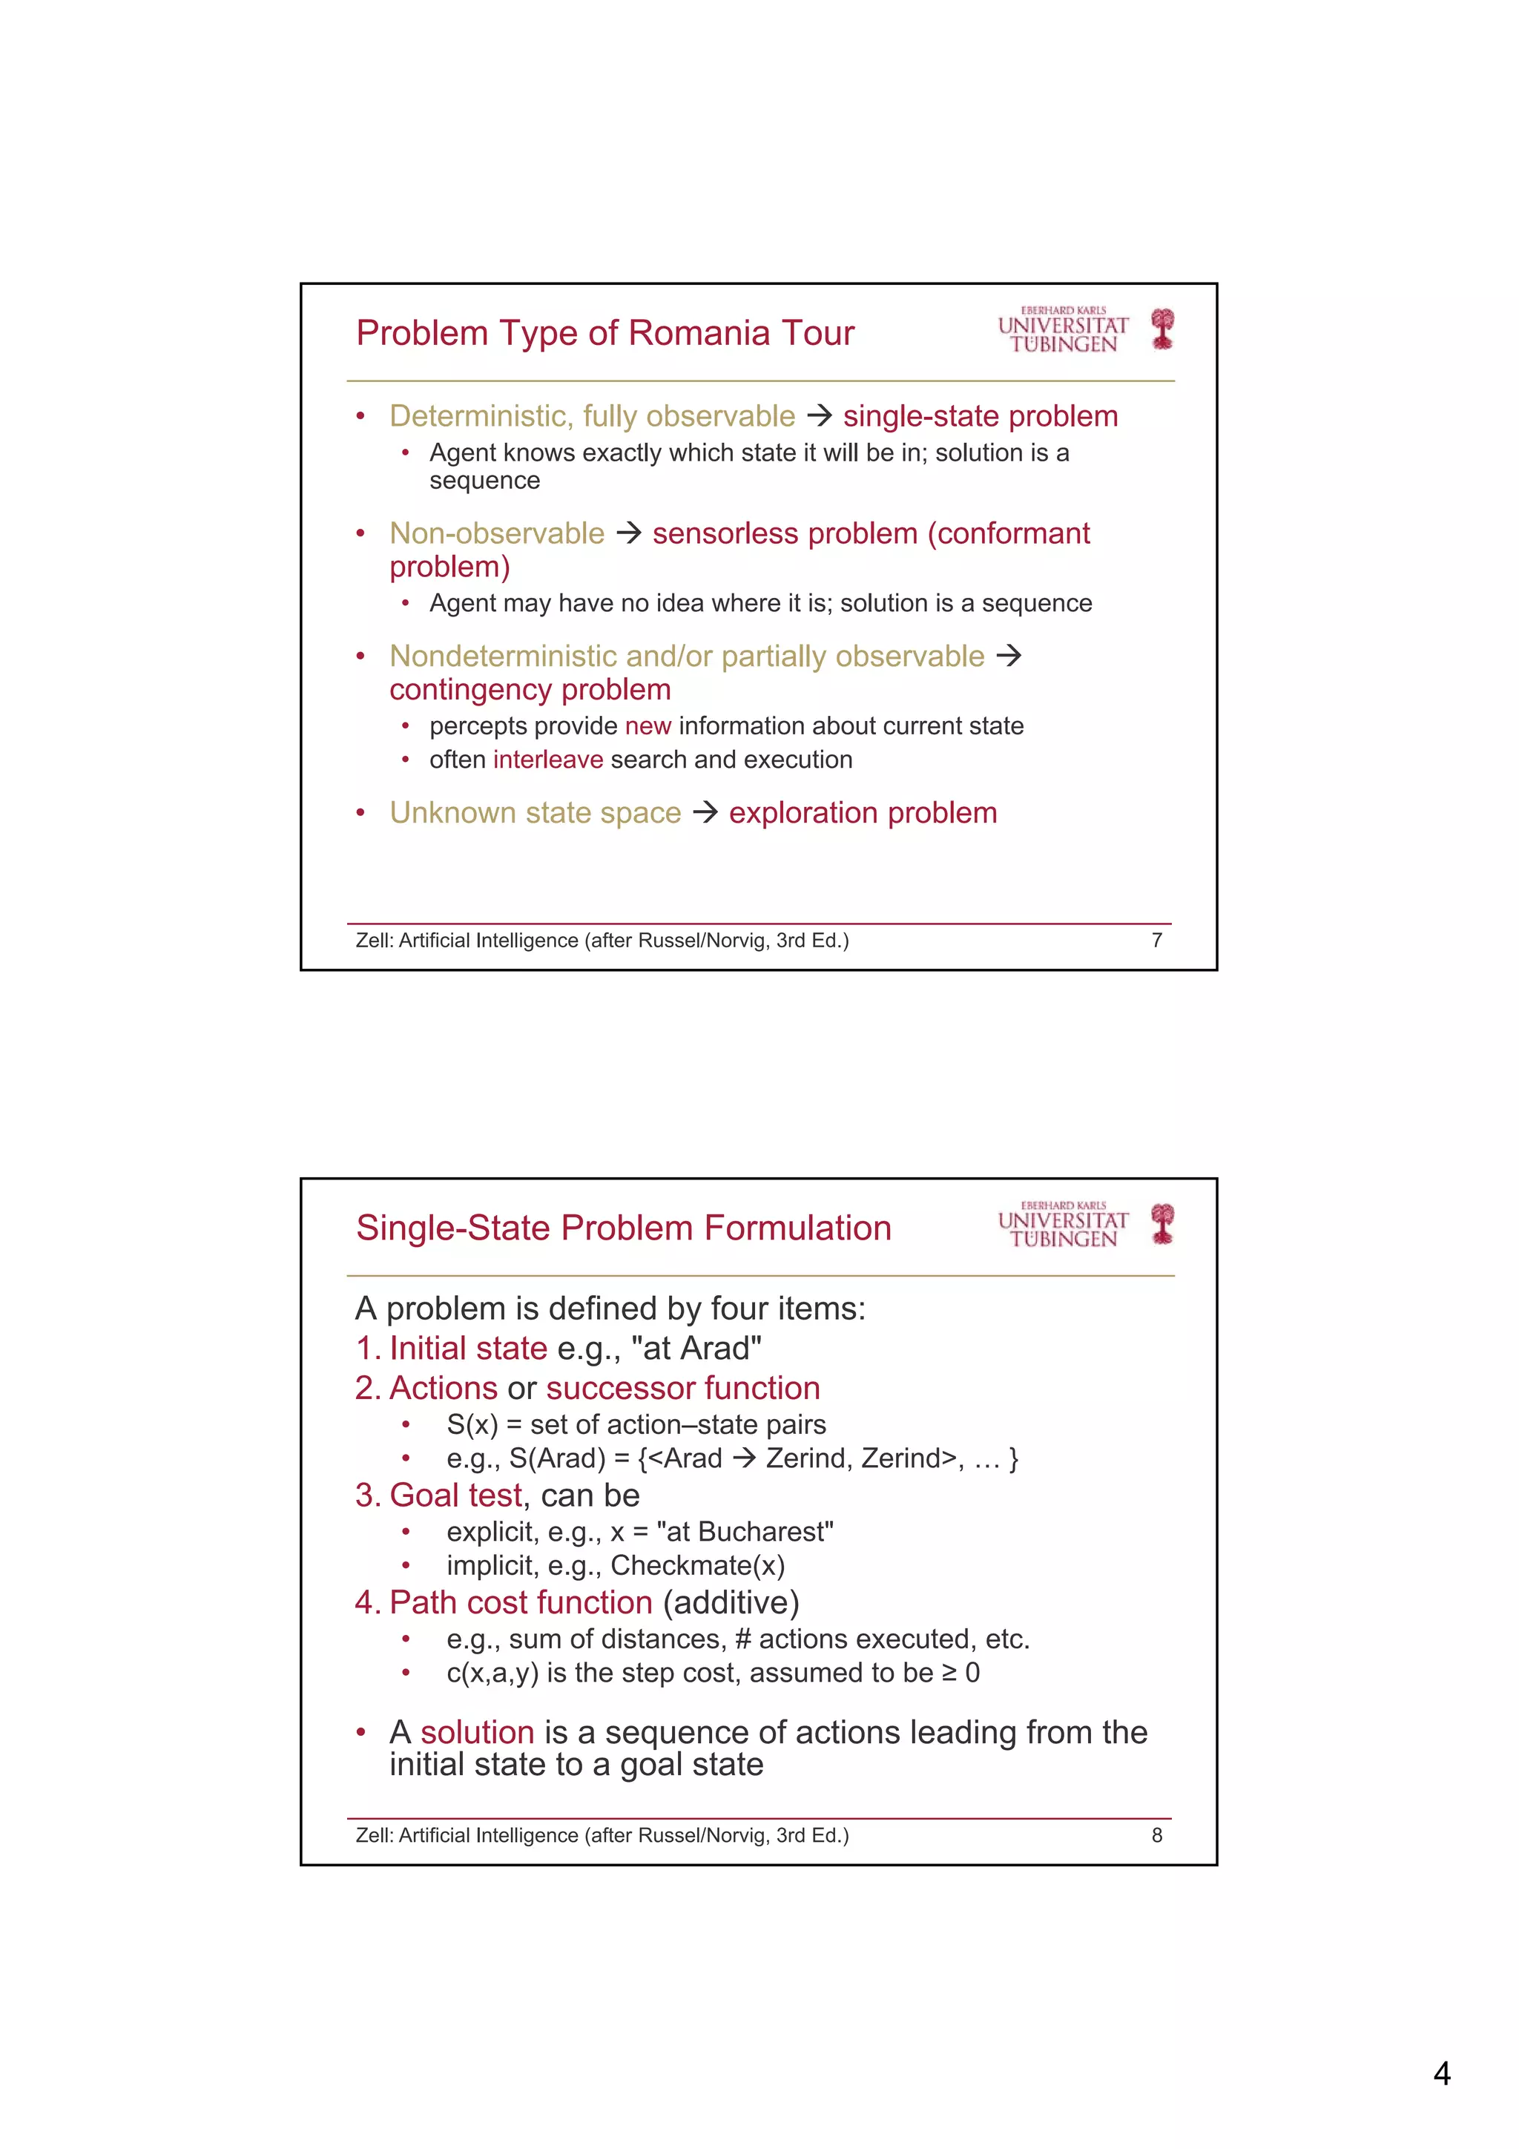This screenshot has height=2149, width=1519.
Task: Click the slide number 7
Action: (x=1157, y=940)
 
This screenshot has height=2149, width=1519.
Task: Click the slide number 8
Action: (x=1157, y=1835)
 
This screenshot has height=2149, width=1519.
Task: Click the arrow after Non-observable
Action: (x=628, y=533)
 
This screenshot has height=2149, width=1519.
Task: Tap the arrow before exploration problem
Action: (x=705, y=812)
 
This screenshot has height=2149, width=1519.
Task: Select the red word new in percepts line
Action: (x=648, y=725)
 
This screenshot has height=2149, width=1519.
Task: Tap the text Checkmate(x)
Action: (x=697, y=1565)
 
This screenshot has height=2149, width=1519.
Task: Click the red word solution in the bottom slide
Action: (x=478, y=1733)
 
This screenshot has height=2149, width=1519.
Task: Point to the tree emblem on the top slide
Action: (x=1162, y=329)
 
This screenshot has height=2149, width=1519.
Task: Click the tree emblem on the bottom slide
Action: (x=1162, y=1224)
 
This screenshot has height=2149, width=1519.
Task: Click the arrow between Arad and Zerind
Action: (x=743, y=1458)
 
